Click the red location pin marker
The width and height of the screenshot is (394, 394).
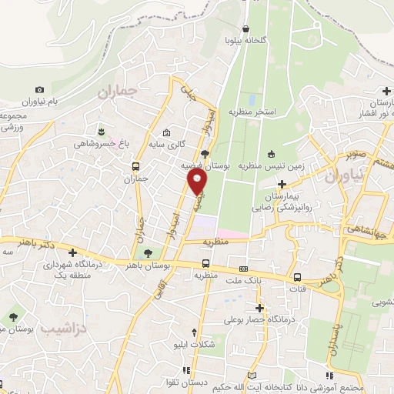(x=198, y=182)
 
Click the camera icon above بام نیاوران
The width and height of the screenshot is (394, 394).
(x=40, y=90)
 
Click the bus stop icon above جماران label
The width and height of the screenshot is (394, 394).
(x=136, y=166)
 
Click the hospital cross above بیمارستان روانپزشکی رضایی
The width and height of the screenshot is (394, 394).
(x=282, y=184)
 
